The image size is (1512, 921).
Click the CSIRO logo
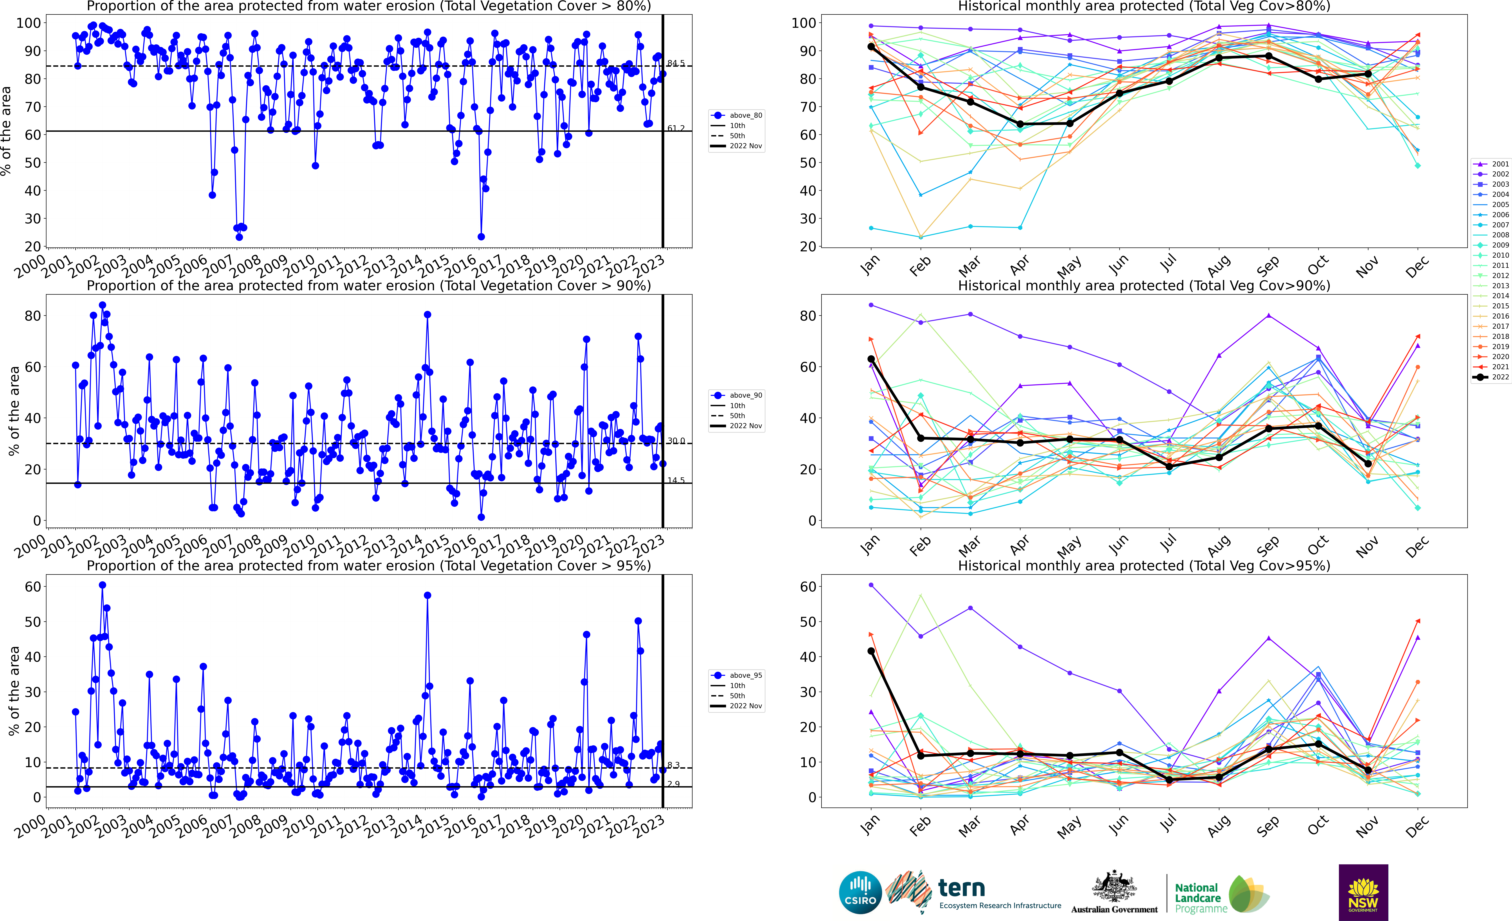[x=860, y=892]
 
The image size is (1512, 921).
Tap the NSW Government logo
[x=1363, y=892]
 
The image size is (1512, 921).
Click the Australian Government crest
[x=1114, y=887]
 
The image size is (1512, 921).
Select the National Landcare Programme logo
[x=1221, y=895]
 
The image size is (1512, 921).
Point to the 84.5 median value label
[x=676, y=63]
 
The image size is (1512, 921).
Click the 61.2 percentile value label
[x=676, y=128]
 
